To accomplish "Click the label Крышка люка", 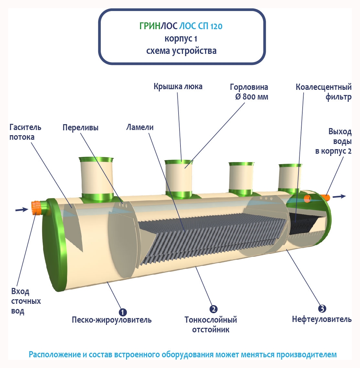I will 178,87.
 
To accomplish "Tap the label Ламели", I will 140,127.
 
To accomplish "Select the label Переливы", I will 80,127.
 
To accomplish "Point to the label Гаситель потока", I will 25,132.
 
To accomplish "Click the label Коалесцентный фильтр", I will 323,92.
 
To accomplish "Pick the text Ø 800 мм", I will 252,97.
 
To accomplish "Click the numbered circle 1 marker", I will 122,312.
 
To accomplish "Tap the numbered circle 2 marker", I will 213,309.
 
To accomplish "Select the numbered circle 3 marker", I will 322,308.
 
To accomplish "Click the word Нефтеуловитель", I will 321,319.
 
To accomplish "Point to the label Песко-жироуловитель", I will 111,320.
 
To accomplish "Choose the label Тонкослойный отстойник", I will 211,325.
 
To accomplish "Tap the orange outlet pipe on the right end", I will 325,197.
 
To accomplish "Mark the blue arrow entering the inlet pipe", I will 22,210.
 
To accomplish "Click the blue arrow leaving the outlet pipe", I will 339,196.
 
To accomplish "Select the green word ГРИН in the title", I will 150,26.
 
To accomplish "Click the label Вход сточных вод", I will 26,301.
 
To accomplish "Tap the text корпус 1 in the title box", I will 181,39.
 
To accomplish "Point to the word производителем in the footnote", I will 306,354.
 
